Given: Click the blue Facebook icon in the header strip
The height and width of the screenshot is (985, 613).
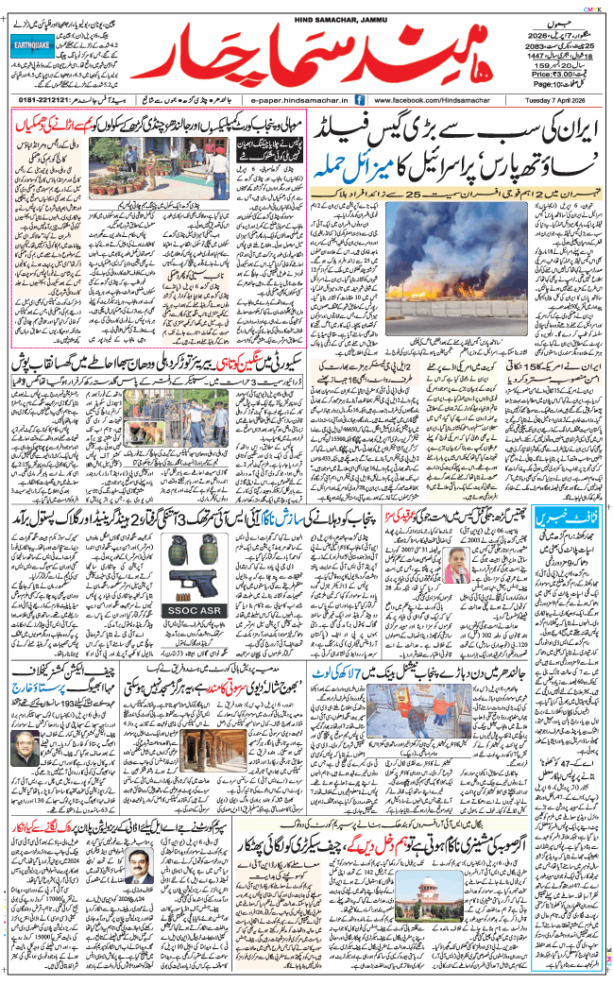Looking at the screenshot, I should [364, 99].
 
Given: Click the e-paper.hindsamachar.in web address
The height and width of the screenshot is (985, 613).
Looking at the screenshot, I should [300, 99].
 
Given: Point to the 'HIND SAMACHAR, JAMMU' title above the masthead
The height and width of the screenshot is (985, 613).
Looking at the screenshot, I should [307, 7].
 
